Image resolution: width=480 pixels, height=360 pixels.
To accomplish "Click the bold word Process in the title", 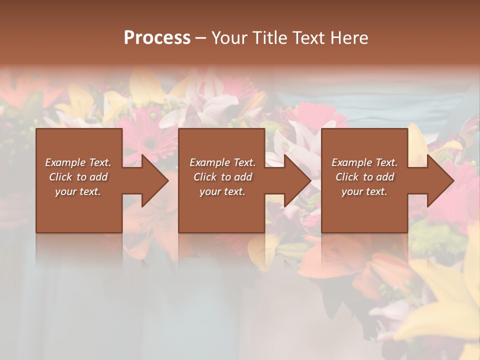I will [157, 38].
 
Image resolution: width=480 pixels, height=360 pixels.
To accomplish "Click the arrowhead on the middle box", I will [297, 180].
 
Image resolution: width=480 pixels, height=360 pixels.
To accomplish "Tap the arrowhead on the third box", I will [440, 180].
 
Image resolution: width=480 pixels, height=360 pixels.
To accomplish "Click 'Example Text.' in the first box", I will [78, 162].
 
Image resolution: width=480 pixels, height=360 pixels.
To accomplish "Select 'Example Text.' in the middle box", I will [222, 162].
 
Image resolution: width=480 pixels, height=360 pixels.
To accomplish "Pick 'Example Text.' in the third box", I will [364, 162].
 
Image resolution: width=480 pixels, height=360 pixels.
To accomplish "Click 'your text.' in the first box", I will [78, 191].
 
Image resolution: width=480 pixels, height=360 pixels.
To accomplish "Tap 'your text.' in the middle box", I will [222, 191].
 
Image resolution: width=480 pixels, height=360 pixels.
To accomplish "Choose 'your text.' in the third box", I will [364, 191].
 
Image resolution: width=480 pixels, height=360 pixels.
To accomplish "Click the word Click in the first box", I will [60, 177].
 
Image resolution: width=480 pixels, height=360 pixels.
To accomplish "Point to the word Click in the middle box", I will [205, 177].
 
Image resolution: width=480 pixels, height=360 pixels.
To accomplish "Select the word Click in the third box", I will [347, 177].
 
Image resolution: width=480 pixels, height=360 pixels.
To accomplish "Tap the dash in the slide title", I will [200, 38].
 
